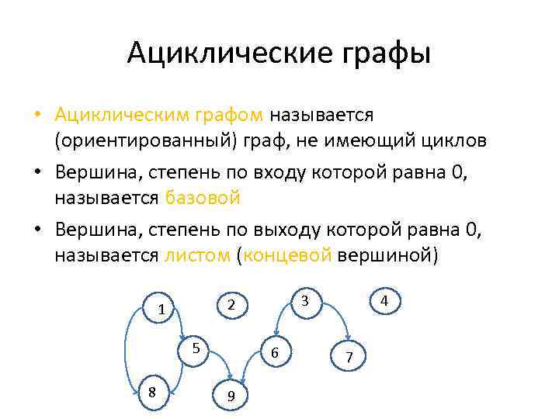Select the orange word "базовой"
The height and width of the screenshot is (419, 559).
[202, 197]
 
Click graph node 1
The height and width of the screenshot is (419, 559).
[161, 308]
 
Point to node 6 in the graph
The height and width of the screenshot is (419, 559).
[275, 353]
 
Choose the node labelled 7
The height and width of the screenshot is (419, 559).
[349, 357]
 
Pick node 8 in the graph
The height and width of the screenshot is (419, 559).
[151, 392]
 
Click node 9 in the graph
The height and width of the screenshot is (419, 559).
[232, 396]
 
